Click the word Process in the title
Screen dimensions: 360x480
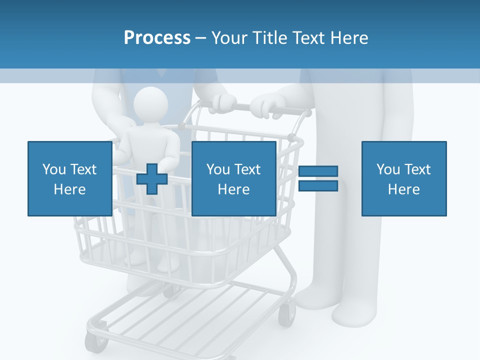(157, 38)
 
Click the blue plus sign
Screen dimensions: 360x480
(152, 179)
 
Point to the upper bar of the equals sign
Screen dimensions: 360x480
(318, 171)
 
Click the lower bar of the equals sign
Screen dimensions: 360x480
(318, 186)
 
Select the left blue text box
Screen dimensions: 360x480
(69, 178)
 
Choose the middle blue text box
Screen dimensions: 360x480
(233, 178)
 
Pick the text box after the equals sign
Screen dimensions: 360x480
(403, 178)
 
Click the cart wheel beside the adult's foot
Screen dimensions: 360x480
(286, 315)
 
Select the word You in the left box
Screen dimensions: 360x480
(54, 169)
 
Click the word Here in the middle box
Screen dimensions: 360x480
(233, 189)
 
